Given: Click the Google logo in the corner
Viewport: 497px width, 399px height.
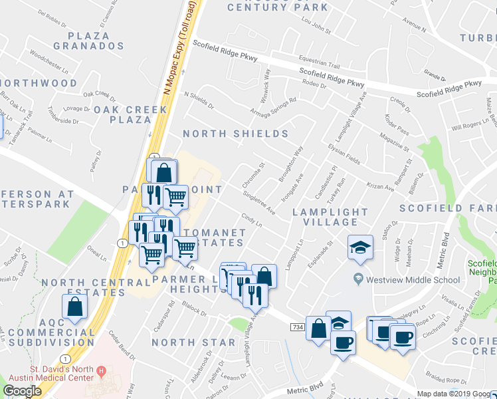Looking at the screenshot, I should (22, 391).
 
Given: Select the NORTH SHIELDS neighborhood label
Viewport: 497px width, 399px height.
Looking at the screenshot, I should (235, 134).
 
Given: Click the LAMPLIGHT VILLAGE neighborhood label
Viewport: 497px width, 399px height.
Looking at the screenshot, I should (330, 218).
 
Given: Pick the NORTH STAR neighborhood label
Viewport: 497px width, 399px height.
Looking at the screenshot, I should (193, 342).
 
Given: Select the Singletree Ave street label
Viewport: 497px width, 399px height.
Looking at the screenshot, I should (259, 204).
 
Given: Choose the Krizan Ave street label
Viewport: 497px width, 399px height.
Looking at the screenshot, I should (379, 184).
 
